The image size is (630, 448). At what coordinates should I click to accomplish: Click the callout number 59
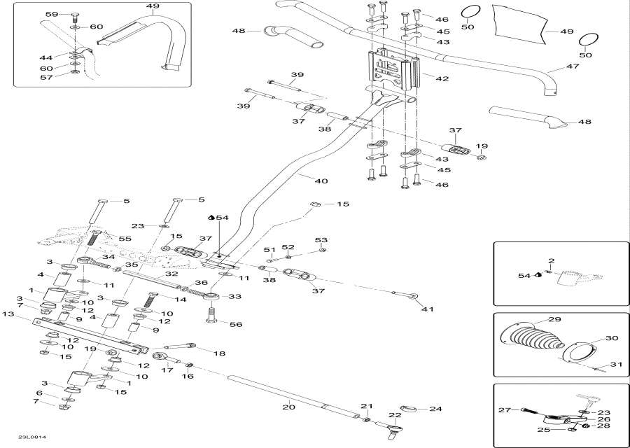(52, 14)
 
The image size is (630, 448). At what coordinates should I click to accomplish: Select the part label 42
(442, 79)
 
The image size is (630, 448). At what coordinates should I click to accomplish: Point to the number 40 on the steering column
(321, 181)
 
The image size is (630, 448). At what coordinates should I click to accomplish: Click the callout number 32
(171, 274)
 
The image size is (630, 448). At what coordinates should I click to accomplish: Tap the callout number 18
(219, 354)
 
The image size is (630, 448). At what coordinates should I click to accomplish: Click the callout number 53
(321, 239)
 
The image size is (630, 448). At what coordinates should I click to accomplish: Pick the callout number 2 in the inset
(551, 261)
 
